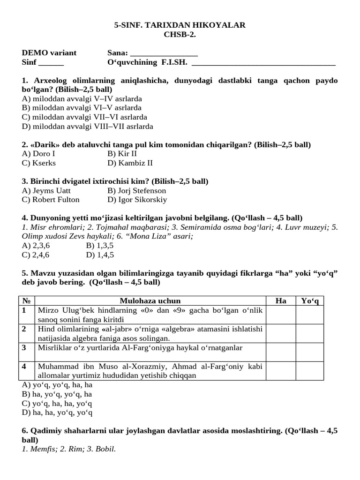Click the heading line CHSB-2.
pyautogui.click(x=180, y=34)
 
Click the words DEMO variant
pyautogui.click(x=49, y=53)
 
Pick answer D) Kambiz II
pyautogui.click(x=130, y=163)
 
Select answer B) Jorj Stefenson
pyautogui.click(x=137, y=191)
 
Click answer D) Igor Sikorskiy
pyautogui.click(x=137, y=200)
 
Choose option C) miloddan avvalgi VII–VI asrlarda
pyautogui.click(x=84, y=117)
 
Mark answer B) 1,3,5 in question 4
pyautogui.click(x=100, y=246)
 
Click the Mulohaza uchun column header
pyautogui.click(x=150, y=301)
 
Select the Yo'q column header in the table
pyautogui.click(x=309, y=301)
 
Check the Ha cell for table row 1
pyautogui.click(x=281, y=314)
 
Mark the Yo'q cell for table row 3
pyautogui.click(x=309, y=352)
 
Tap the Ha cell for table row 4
pyautogui.click(x=281, y=370)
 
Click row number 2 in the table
pyautogui.click(x=24, y=329)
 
